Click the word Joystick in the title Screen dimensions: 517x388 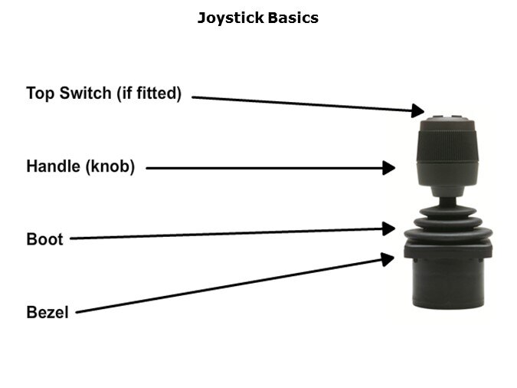coord(231,18)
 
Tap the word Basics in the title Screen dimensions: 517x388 coord(293,18)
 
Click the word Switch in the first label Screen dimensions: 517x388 coord(85,93)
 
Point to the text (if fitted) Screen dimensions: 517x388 coord(149,93)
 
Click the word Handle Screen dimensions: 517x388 coord(54,166)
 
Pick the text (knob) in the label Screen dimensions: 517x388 coord(110,166)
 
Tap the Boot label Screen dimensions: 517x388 coord(44,239)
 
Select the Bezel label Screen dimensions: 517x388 coord(47,312)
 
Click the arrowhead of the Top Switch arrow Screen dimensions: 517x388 coord(418,110)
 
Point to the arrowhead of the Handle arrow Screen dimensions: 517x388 coord(389,168)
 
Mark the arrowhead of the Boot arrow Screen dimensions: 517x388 coord(389,229)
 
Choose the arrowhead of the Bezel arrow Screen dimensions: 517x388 coord(388,258)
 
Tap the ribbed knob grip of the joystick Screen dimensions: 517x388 coord(447,145)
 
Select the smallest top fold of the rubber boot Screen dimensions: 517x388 coord(448,212)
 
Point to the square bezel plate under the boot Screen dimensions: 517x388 coord(448,250)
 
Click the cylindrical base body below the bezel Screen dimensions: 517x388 coord(448,283)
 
